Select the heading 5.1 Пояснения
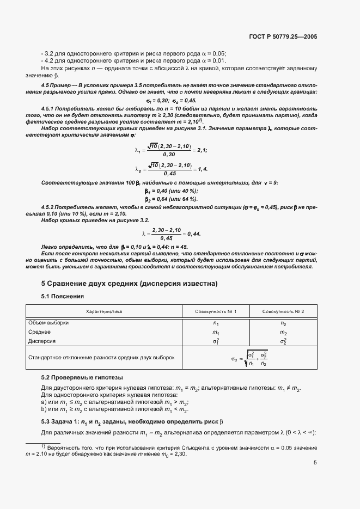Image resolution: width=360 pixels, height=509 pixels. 63,297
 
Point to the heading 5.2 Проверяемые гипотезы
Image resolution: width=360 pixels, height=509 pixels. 82,377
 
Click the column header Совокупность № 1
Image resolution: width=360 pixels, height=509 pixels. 216,311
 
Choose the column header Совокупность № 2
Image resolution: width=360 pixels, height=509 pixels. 283,311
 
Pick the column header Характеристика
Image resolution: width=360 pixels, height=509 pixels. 104,311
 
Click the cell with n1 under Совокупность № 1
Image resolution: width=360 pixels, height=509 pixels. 216,323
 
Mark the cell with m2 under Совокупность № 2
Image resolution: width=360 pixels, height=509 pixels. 283,333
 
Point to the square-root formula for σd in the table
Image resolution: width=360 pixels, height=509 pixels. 249,358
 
